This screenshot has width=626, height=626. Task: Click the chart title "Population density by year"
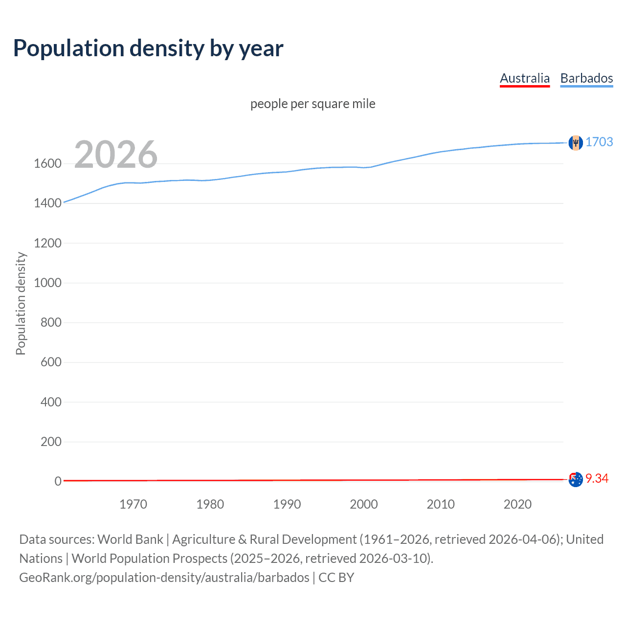click(148, 48)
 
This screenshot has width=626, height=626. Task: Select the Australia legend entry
click(525, 78)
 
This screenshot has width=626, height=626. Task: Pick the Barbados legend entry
click(586, 78)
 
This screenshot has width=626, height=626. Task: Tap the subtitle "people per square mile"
click(313, 104)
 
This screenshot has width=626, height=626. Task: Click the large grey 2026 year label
click(116, 155)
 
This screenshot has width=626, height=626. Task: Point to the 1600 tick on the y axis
click(47, 163)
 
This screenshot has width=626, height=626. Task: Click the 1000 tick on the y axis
click(47, 283)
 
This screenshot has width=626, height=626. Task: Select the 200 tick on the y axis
click(51, 442)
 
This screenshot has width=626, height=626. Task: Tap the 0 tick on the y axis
click(58, 481)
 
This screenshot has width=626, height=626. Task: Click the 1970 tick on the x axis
click(133, 504)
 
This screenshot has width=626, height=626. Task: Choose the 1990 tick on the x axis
click(287, 504)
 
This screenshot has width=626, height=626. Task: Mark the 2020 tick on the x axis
click(517, 504)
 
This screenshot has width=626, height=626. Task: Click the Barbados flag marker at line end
click(576, 142)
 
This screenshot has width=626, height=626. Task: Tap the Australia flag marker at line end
click(576, 479)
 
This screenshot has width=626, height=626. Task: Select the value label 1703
click(599, 142)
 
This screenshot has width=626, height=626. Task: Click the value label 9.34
click(597, 478)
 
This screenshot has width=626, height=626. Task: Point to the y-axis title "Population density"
click(21, 303)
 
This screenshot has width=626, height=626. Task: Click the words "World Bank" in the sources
click(130, 539)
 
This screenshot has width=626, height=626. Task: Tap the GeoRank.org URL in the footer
click(164, 578)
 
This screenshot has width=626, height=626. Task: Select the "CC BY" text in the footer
click(336, 578)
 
